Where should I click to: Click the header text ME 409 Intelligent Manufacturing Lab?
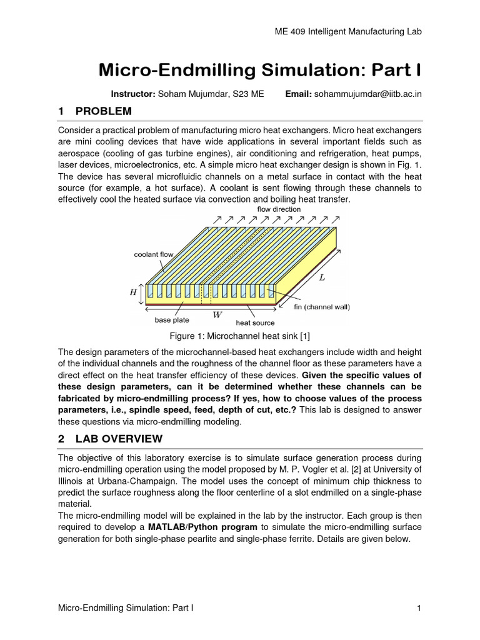click(x=344, y=32)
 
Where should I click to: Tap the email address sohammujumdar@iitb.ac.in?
click(x=367, y=94)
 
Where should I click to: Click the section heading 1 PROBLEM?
click(x=94, y=111)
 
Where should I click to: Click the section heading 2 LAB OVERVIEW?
click(x=109, y=438)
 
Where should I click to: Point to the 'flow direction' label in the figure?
click(x=279, y=209)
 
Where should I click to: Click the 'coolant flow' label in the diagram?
click(x=154, y=254)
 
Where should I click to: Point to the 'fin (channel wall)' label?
click(x=322, y=307)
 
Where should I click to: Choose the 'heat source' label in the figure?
click(x=254, y=322)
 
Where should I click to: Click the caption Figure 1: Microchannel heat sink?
click(x=240, y=337)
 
